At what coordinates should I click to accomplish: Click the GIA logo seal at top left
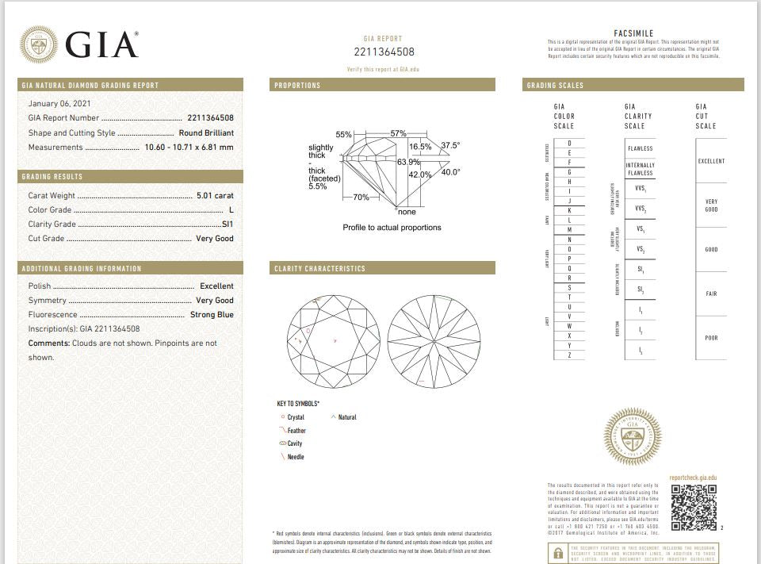coord(38,44)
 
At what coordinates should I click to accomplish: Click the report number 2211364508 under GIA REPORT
coord(384,52)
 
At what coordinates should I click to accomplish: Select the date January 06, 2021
coord(60,104)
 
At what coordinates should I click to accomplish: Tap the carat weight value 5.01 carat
coord(215,195)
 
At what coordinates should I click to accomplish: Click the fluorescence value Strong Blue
coord(212,314)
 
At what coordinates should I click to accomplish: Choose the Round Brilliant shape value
coord(206,133)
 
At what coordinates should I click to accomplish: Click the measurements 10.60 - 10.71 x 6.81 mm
coord(189,148)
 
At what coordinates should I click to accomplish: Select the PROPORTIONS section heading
coord(297,85)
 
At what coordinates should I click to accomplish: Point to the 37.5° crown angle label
coord(450,146)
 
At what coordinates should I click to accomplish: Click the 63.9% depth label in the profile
coord(408,162)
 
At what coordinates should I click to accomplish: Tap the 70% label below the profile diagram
coord(361,197)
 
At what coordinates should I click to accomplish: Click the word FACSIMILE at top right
coord(633,33)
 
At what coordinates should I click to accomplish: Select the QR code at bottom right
coord(694,507)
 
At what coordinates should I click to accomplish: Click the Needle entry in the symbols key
coord(296,457)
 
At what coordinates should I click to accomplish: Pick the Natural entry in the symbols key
coord(347,417)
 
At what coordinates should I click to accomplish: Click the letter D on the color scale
coord(570,143)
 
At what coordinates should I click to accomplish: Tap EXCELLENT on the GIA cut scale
coord(711,161)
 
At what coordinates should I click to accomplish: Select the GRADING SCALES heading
coord(555,85)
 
